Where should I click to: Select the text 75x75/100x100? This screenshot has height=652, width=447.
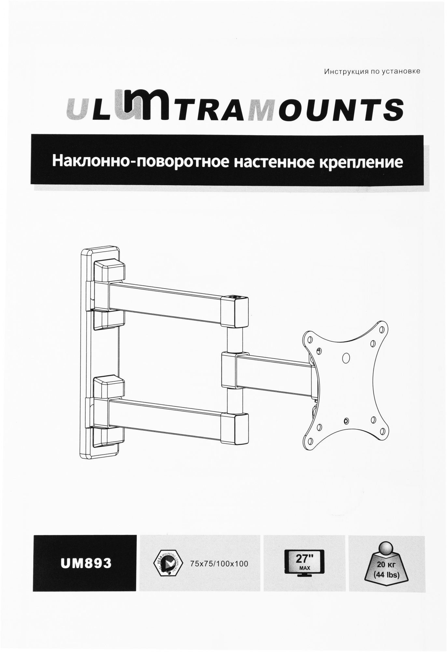click(x=218, y=563)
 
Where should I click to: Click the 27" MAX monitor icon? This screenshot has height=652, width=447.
click(x=305, y=563)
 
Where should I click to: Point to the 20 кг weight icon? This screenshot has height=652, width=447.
click(x=386, y=564)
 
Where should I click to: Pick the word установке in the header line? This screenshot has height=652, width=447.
click(x=403, y=71)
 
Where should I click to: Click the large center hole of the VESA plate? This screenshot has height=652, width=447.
click(x=347, y=358)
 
